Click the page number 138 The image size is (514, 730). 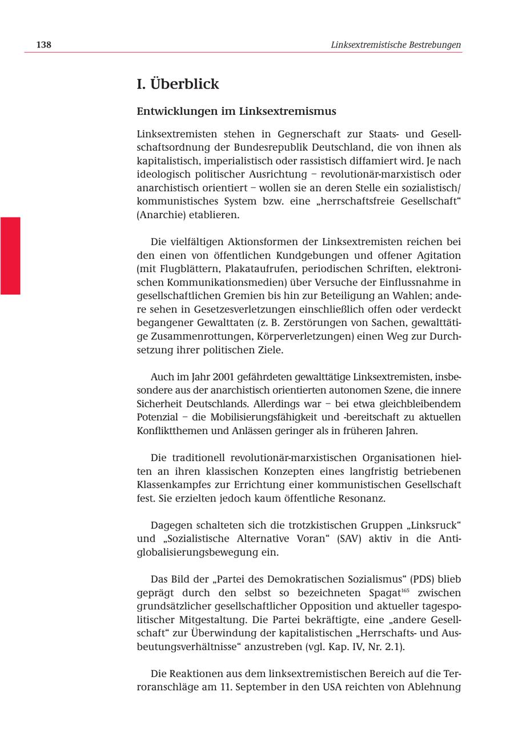click(43, 45)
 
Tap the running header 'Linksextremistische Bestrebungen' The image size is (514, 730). click(396, 45)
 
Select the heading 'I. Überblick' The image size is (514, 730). click(178, 84)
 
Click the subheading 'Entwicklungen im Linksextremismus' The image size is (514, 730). click(236, 111)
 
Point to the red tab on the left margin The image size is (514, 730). click(10, 255)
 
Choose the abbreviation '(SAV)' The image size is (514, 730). click(349, 539)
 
